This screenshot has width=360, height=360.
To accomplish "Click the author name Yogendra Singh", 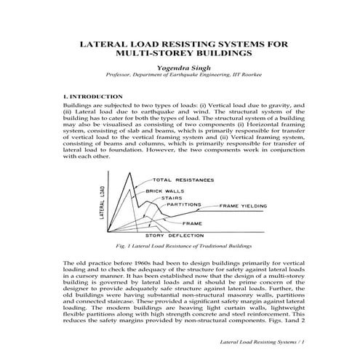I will coord(179,68).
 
